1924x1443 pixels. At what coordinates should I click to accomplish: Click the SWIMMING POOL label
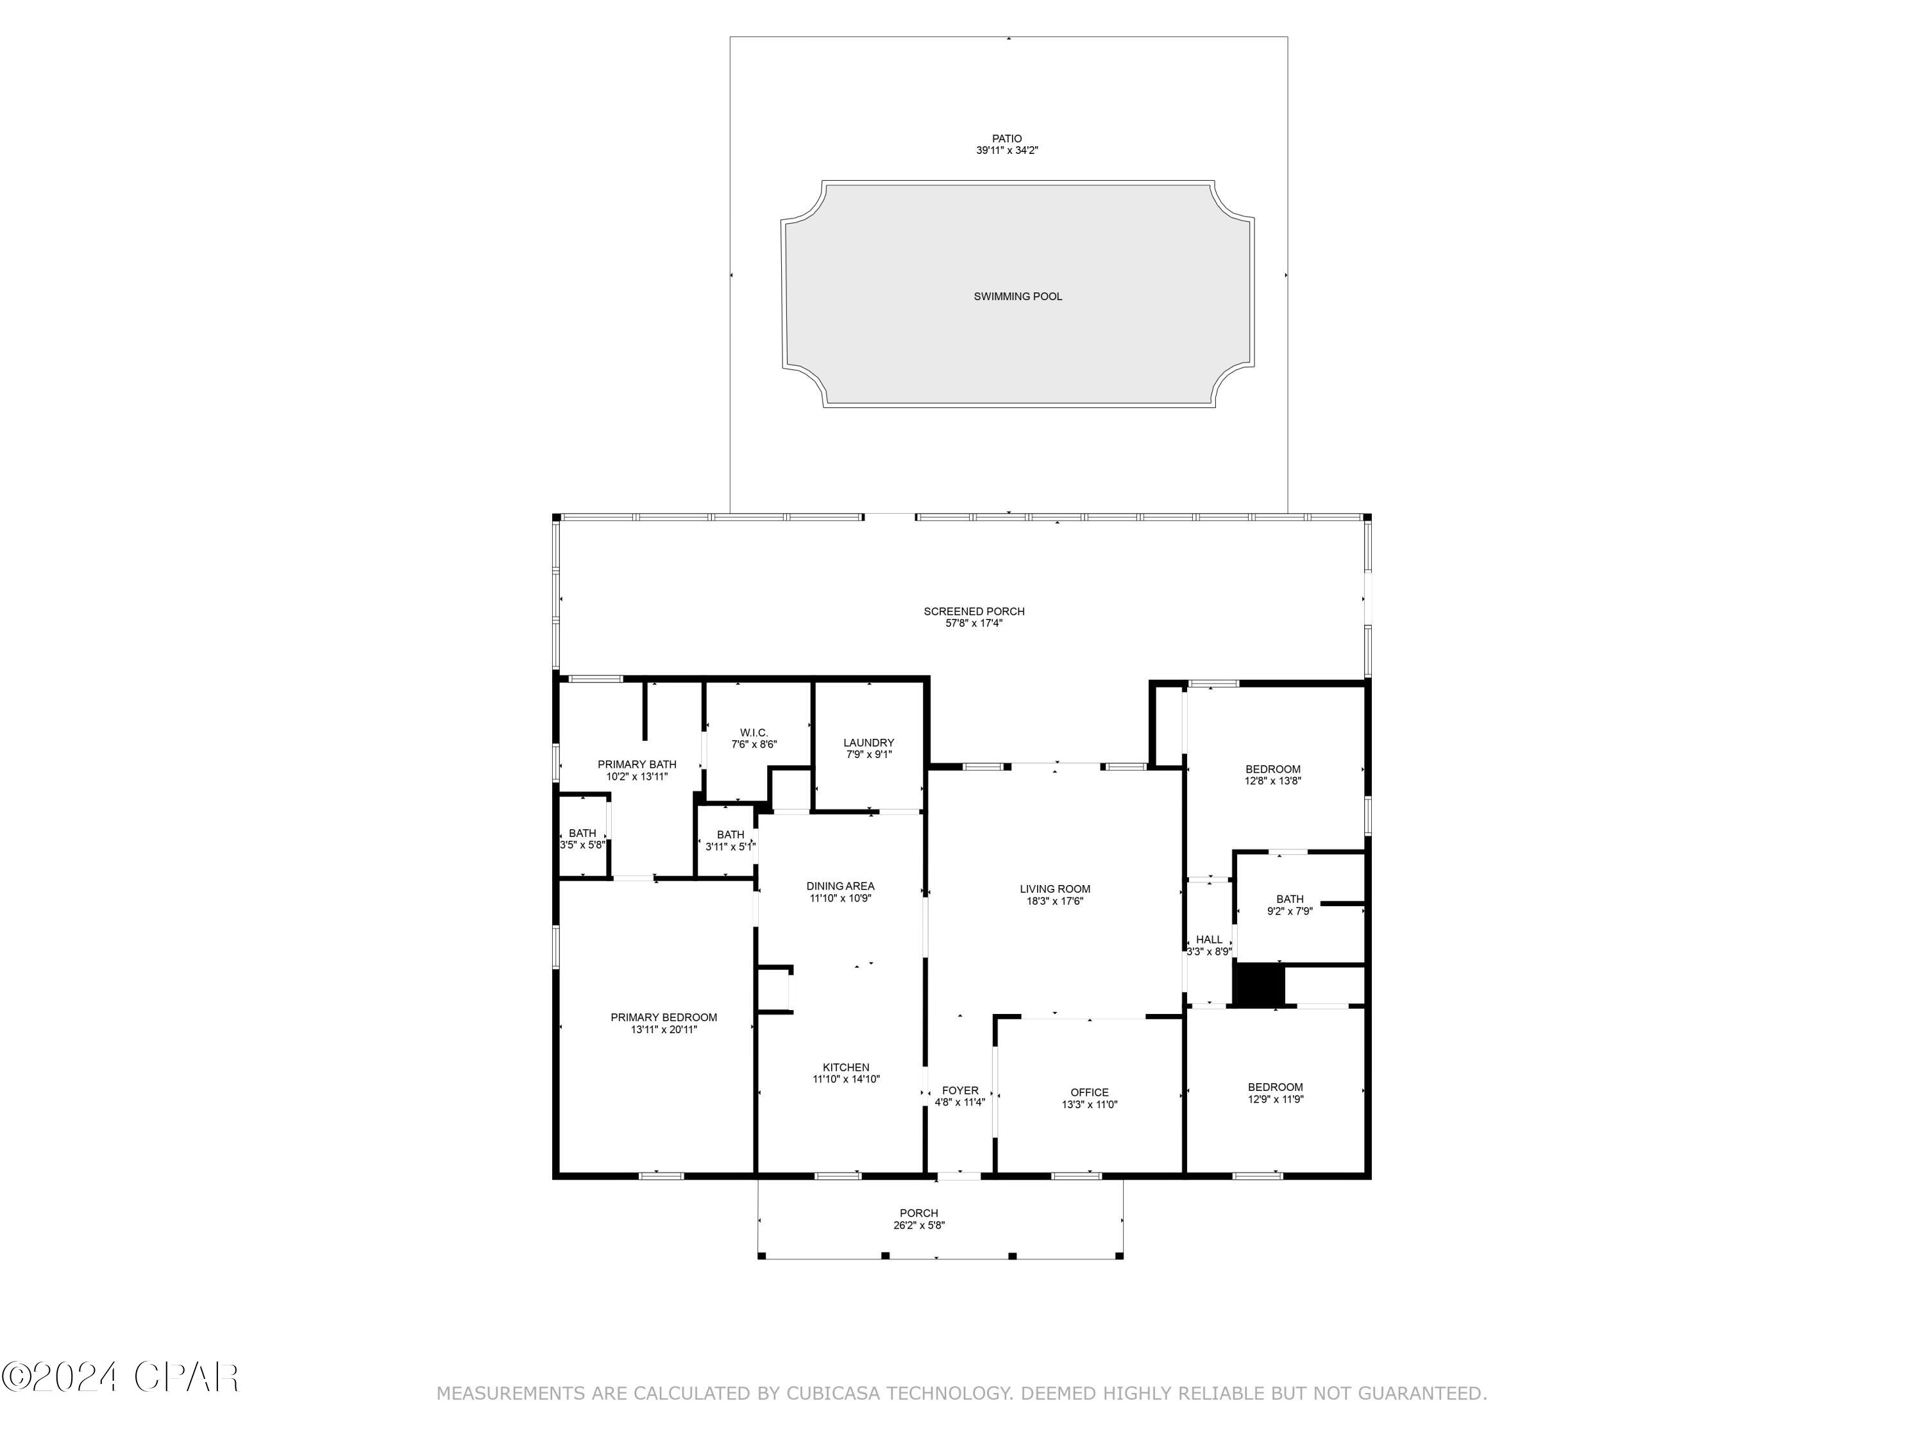tap(1018, 296)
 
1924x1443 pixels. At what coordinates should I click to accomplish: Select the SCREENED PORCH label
tap(974, 611)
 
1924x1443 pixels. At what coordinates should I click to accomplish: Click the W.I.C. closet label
tap(754, 733)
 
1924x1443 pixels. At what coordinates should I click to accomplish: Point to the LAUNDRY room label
tap(868, 743)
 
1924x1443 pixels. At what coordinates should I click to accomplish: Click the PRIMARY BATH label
tap(637, 764)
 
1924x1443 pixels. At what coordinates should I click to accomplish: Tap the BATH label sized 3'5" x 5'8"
tap(582, 833)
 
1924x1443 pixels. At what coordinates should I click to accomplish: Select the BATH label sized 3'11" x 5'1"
tap(730, 835)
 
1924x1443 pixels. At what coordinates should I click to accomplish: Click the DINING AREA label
tap(840, 886)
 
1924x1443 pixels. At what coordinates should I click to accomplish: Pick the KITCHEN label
tap(845, 1067)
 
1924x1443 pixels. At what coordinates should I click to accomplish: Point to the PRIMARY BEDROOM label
tap(664, 1018)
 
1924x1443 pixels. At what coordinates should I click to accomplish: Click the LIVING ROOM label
tap(1054, 889)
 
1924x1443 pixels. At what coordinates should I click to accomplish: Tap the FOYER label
tap(959, 1091)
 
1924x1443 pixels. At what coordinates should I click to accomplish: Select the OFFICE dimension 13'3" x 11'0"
tap(1089, 1104)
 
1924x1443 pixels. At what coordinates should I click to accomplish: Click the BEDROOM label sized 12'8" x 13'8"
tap(1272, 769)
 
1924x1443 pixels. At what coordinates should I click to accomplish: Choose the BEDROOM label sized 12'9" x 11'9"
tap(1275, 1087)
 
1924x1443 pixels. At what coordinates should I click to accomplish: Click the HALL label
tap(1208, 940)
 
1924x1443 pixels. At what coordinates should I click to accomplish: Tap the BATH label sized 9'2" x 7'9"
tap(1289, 899)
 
